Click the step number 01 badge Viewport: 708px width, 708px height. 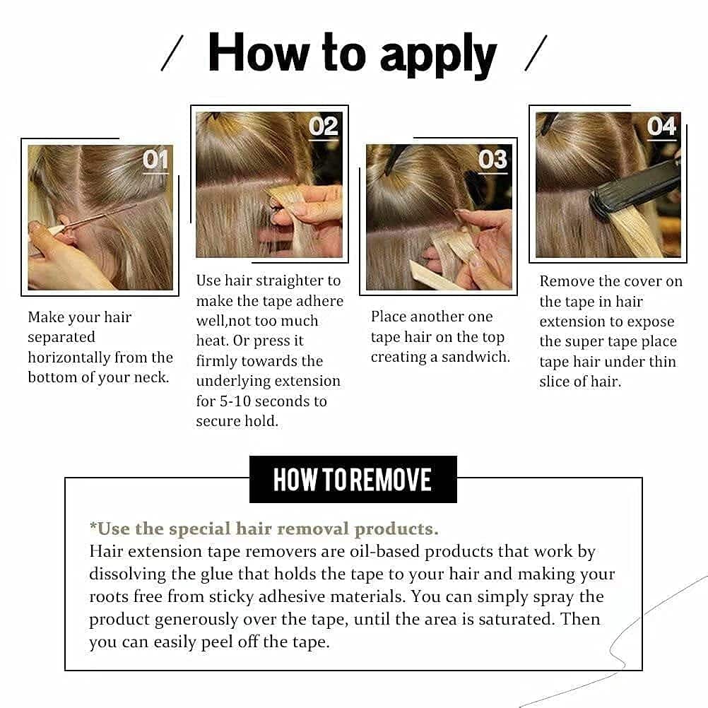coord(155,160)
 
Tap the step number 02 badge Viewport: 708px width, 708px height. coord(324,126)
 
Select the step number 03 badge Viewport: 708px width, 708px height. coord(492,160)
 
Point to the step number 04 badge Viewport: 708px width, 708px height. coord(662,126)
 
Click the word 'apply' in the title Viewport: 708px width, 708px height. coord(438,56)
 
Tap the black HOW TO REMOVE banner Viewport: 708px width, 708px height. coord(353,480)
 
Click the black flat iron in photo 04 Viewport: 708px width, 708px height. coord(632,189)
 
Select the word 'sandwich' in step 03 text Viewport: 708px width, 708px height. coord(475,358)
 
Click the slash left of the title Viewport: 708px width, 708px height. coord(172,54)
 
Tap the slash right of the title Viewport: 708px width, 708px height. coord(536,54)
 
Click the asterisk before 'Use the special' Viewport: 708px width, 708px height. coord(93,527)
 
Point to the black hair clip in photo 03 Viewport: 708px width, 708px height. coord(396,157)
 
